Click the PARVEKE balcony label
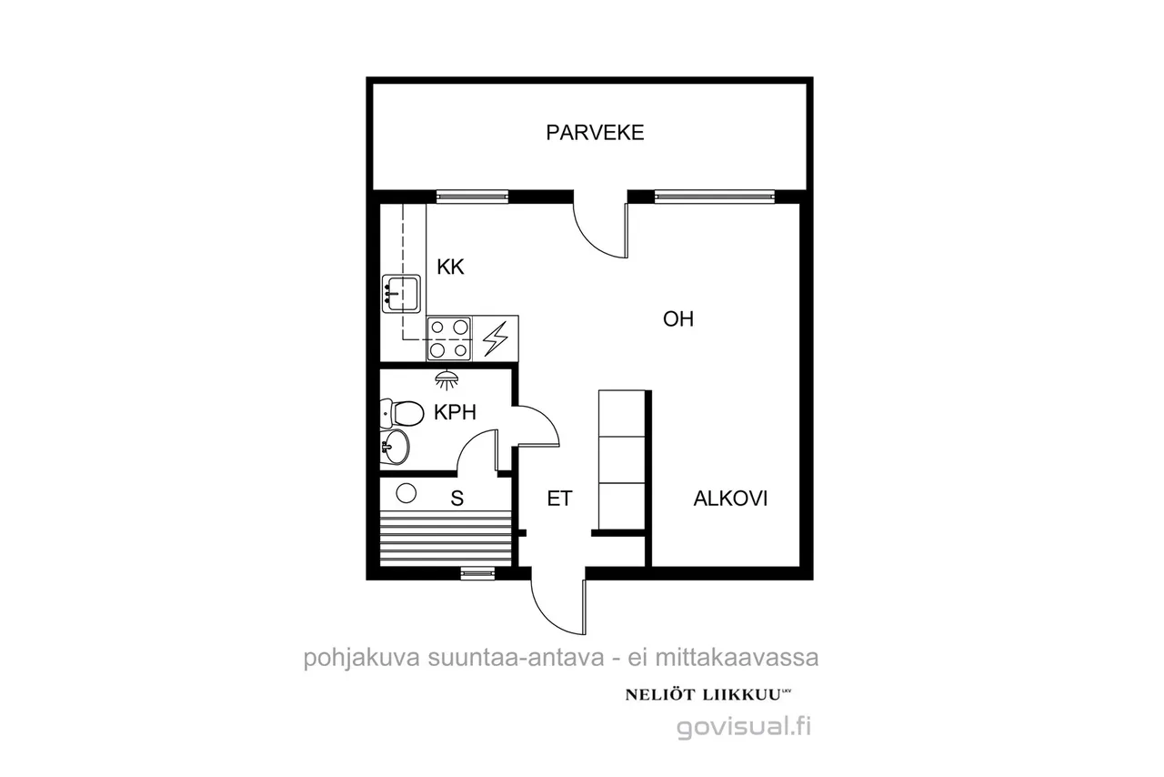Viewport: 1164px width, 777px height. [x=595, y=133]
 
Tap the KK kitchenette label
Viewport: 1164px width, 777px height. [x=450, y=267]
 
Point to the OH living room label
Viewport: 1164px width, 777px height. [x=678, y=318]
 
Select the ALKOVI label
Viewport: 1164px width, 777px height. [x=730, y=499]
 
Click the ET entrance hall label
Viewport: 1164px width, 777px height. [x=559, y=499]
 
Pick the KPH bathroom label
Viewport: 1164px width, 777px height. [x=455, y=412]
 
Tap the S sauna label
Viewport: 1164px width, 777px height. [x=457, y=499]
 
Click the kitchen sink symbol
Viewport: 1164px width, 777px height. [x=401, y=294]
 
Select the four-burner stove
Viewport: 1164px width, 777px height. [x=449, y=338]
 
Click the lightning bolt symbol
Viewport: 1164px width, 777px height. [x=496, y=338]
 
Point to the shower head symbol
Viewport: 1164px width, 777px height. [x=447, y=380]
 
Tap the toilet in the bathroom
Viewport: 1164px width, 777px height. [x=402, y=413]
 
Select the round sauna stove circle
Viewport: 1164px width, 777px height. [x=406, y=493]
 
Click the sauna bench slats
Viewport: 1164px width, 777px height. [x=446, y=538]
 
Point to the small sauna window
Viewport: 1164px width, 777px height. [x=478, y=573]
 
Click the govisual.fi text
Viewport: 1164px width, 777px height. [x=744, y=727]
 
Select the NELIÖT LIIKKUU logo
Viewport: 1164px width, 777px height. [x=707, y=695]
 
